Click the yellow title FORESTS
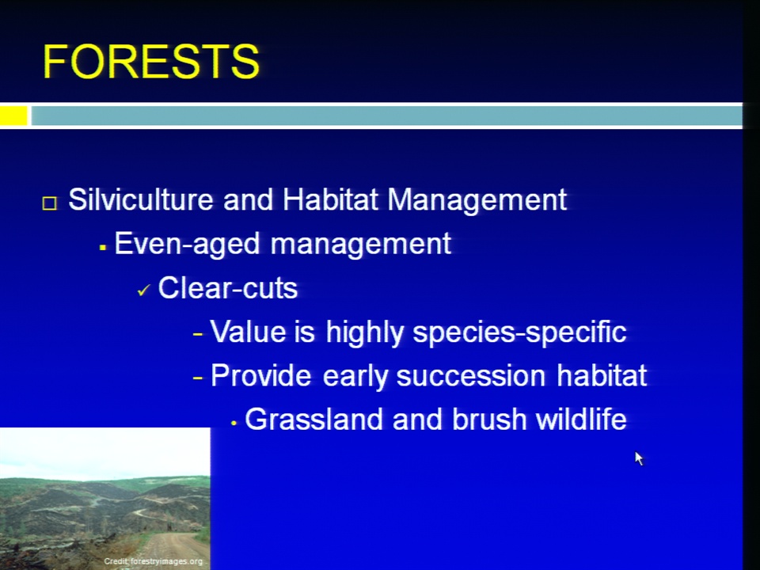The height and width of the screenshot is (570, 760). [151, 62]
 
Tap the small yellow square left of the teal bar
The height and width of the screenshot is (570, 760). [13, 116]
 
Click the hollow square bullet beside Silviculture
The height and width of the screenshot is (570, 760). [49, 203]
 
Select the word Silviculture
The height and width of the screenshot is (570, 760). [141, 199]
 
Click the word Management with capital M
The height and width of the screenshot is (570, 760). [477, 199]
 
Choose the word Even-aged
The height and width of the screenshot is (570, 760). [187, 243]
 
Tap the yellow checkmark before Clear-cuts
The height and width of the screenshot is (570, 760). [144, 291]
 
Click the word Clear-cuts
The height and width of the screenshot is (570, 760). [228, 288]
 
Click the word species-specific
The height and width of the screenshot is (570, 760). [519, 332]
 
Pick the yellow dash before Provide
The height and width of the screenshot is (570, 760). [197, 377]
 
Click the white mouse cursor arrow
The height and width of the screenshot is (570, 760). [639, 458]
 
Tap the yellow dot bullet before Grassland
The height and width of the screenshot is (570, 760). [234, 423]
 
